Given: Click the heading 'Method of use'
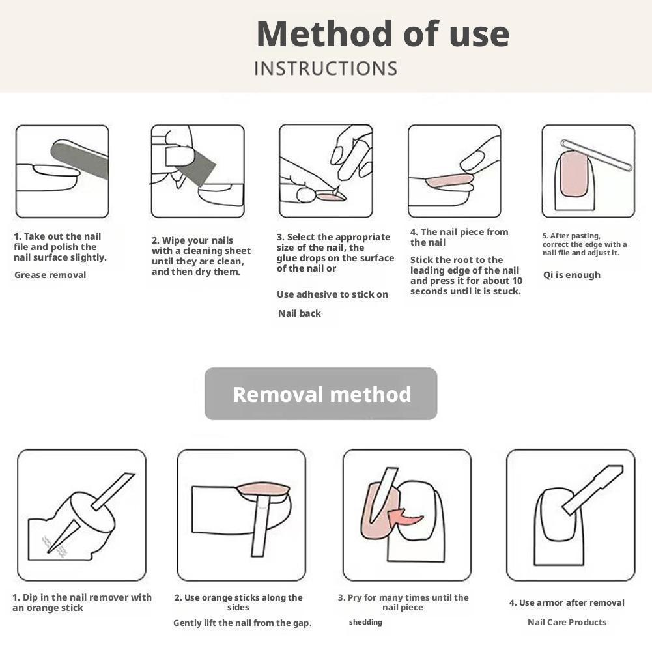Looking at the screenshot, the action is pyautogui.click(x=383, y=34).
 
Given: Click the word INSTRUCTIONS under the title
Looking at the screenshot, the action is pyautogui.click(x=326, y=68).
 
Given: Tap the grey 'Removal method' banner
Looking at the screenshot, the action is pyautogui.click(x=321, y=394).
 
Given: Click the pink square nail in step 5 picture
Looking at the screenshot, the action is pyautogui.click(x=574, y=174).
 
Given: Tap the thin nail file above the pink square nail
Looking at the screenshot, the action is pyautogui.click(x=597, y=155).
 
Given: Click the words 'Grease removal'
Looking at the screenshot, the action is pyautogui.click(x=50, y=275).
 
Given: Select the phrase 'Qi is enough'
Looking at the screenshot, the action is pyautogui.click(x=572, y=275).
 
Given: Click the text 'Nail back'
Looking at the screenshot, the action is pyautogui.click(x=300, y=313).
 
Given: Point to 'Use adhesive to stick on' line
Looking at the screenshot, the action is pyautogui.click(x=332, y=294).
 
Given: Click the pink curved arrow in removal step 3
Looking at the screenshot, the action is pyautogui.click(x=404, y=518).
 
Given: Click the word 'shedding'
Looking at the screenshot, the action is pyautogui.click(x=365, y=622).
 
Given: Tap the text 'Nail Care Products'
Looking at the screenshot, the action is pyautogui.click(x=567, y=622).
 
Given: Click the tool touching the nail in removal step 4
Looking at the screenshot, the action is pyautogui.click(x=593, y=489).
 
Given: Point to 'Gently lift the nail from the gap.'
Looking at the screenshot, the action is pyautogui.click(x=242, y=623).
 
